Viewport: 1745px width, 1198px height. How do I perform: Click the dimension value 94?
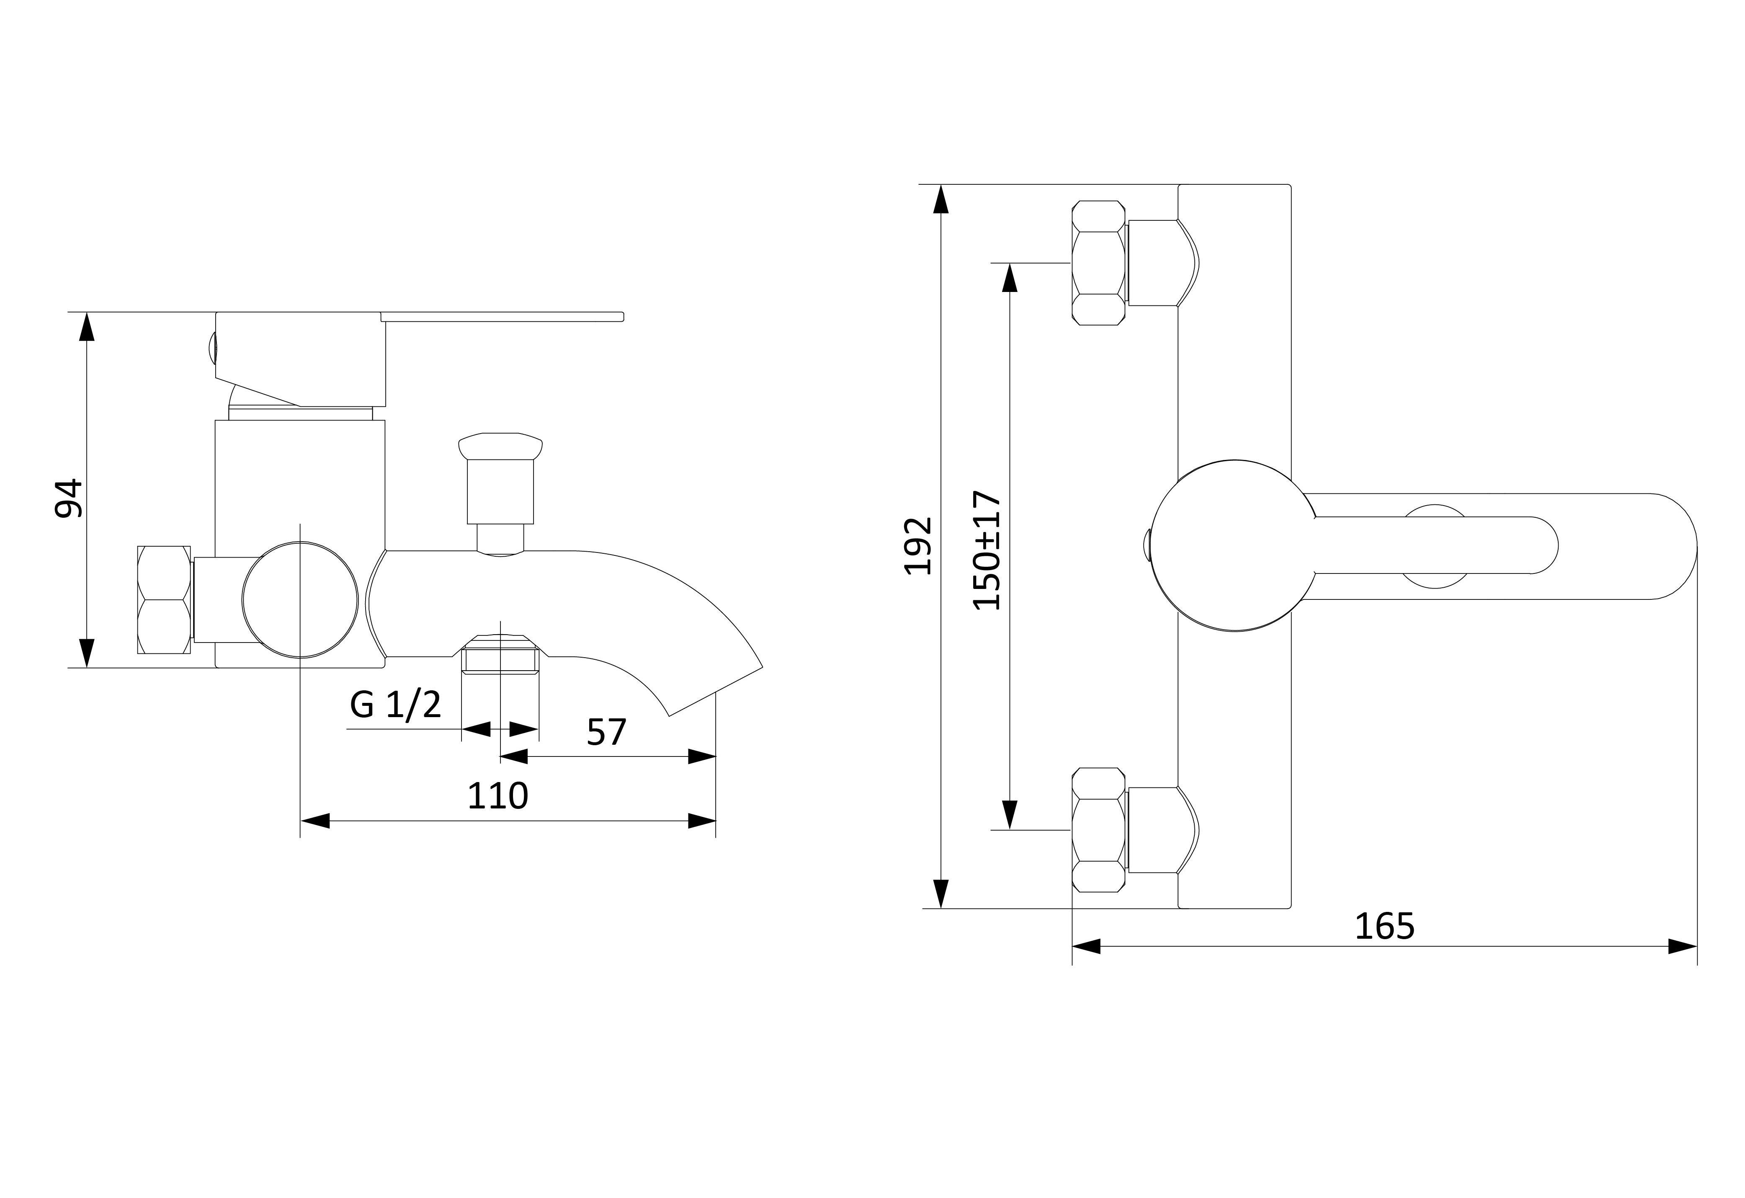68,497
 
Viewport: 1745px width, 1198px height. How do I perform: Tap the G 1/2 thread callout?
396,705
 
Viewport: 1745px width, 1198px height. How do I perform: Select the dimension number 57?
606,732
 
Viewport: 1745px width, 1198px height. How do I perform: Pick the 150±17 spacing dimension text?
987,550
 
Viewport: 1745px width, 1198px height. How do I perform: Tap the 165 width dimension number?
1384,926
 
